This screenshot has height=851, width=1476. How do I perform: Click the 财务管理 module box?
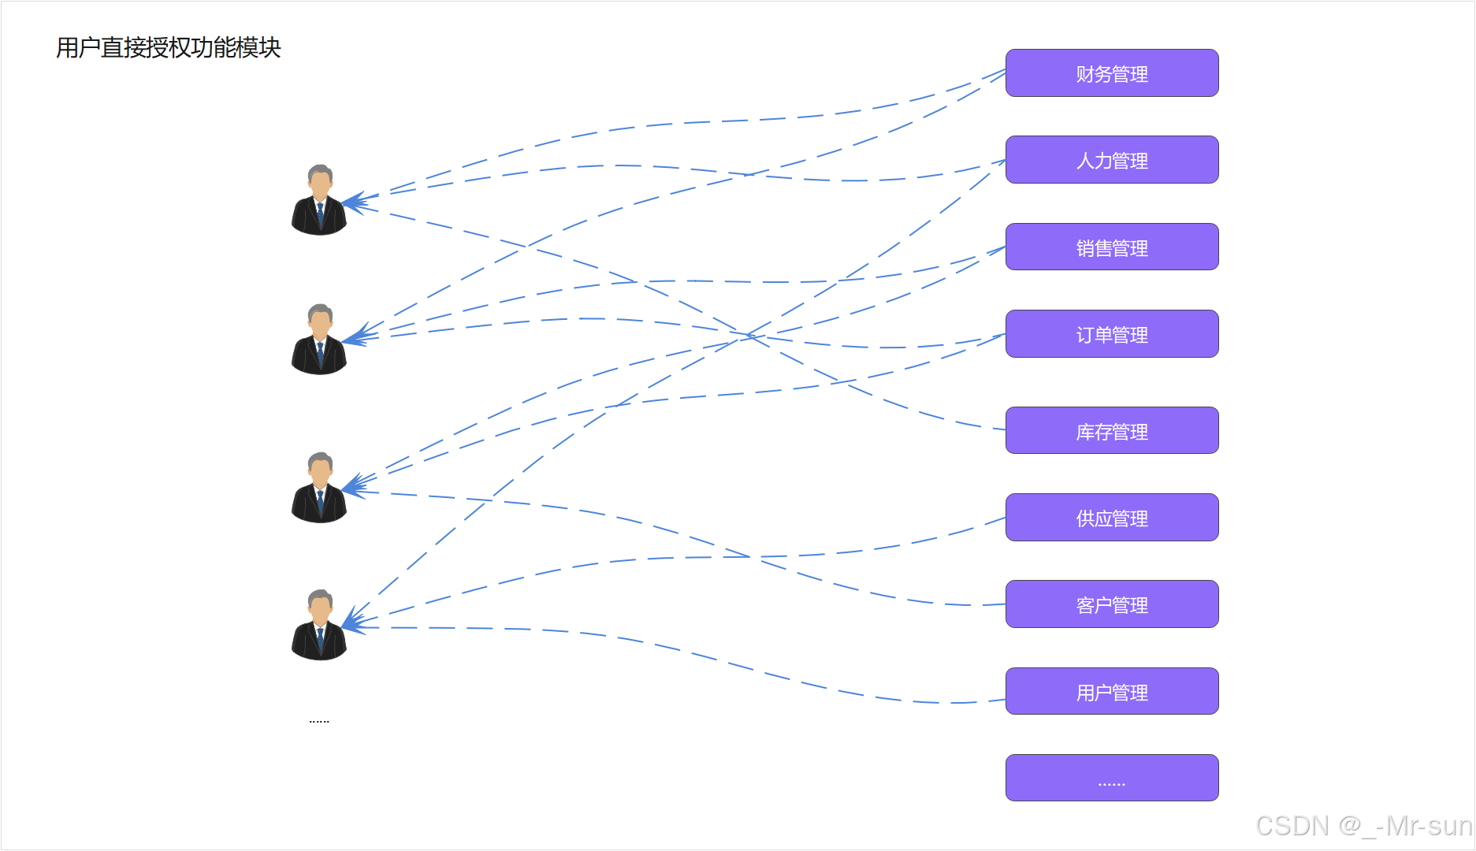1111,73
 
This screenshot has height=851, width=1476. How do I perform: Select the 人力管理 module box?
1111,160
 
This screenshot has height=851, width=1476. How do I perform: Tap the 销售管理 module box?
1111,247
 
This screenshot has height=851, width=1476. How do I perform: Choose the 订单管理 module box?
1111,334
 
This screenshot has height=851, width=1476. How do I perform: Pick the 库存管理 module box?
1111,431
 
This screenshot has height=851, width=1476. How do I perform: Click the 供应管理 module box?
1111,518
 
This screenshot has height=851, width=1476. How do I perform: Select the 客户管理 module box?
1111,604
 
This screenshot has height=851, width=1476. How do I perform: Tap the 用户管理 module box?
1111,692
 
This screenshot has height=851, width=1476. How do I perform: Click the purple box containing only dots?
1111,778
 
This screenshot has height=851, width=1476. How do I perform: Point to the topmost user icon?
319,200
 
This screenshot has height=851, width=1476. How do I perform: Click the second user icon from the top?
319,340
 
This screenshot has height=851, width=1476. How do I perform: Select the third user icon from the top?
319,488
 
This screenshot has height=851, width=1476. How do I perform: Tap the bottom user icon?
319,625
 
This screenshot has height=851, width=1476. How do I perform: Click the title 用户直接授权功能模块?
169,48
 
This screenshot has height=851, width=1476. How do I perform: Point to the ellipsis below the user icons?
319,720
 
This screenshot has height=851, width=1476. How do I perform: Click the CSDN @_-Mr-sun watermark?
1363,826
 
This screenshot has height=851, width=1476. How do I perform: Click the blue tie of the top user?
320,213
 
